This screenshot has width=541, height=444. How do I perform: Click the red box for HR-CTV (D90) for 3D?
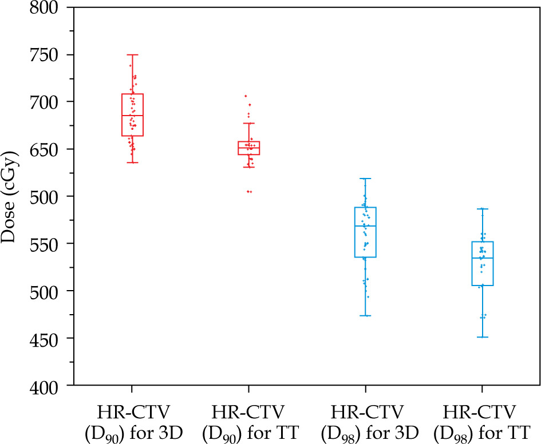pyautogui.click(x=132, y=114)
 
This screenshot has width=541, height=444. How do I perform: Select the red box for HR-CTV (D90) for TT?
pyautogui.click(x=249, y=148)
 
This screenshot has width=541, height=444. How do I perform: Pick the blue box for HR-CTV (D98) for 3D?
pyautogui.click(x=365, y=232)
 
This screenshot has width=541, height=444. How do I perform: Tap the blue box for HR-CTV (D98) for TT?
pyautogui.click(x=482, y=263)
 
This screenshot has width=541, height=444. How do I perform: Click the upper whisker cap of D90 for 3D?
pyautogui.click(x=132, y=55)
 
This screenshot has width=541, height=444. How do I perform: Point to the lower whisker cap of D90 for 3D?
pyautogui.click(x=132, y=162)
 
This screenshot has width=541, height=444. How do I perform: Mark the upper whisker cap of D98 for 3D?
pyautogui.click(x=365, y=179)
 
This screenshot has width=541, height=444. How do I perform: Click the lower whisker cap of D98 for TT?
pyautogui.click(x=482, y=337)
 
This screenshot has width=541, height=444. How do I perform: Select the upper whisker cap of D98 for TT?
pyautogui.click(x=482, y=209)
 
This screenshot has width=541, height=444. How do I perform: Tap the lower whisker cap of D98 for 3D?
pyautogui.click(x=365, y=315)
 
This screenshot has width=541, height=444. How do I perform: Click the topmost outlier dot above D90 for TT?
pyautogui.click(x=246, y=96)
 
